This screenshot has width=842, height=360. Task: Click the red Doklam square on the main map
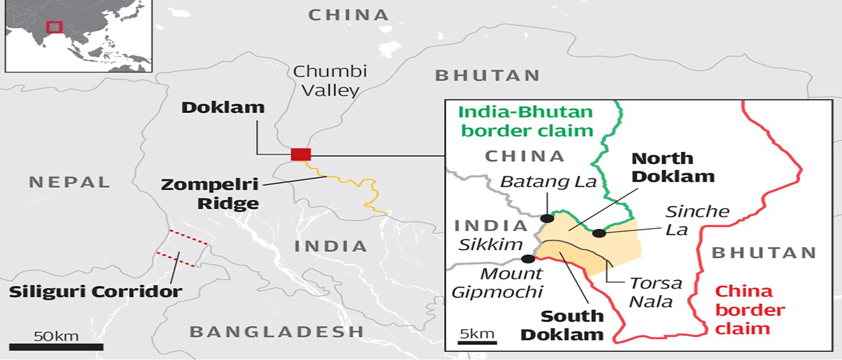coord(301,153)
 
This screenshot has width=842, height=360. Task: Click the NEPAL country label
coord(70,182)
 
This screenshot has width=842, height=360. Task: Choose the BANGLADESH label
coord(276,332)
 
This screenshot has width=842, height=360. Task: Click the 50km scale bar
coord(44,346)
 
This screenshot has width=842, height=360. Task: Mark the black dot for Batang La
coord(547,217)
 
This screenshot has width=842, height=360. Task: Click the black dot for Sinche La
coord(598,233)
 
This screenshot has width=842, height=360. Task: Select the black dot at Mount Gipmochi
coord(528,258)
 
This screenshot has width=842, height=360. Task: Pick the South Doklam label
coord(572,325)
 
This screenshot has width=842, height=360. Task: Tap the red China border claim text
coord(744,310)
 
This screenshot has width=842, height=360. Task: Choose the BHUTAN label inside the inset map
coord(764,253)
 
